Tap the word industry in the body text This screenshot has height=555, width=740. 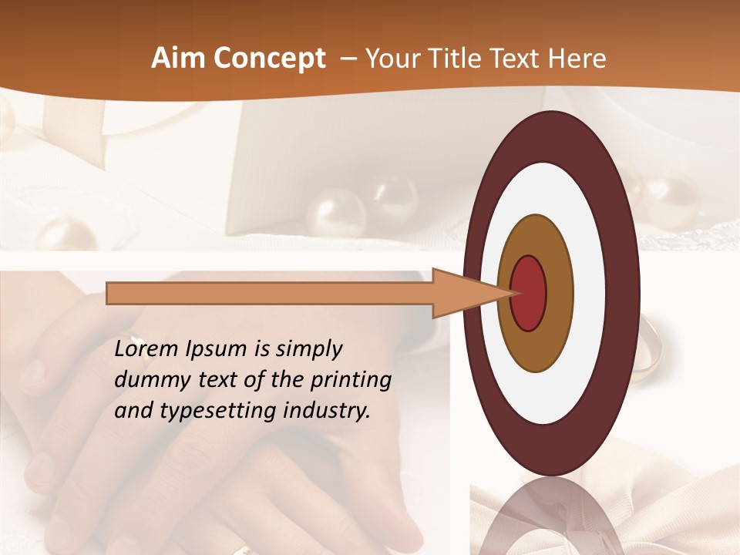327,411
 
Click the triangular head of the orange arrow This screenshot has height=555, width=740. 462,293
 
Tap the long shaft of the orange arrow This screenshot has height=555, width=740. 270,294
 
